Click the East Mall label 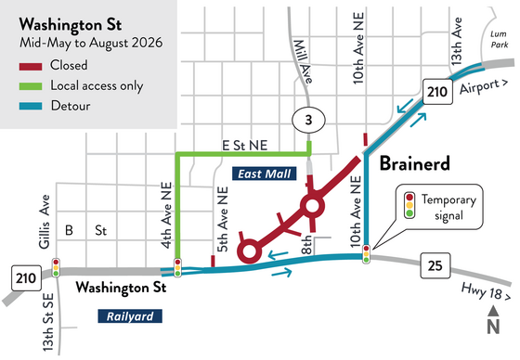coord(258,174)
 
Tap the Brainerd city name coord(416,163)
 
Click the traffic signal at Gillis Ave coord(57,268)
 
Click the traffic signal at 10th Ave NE coord(367,251)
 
